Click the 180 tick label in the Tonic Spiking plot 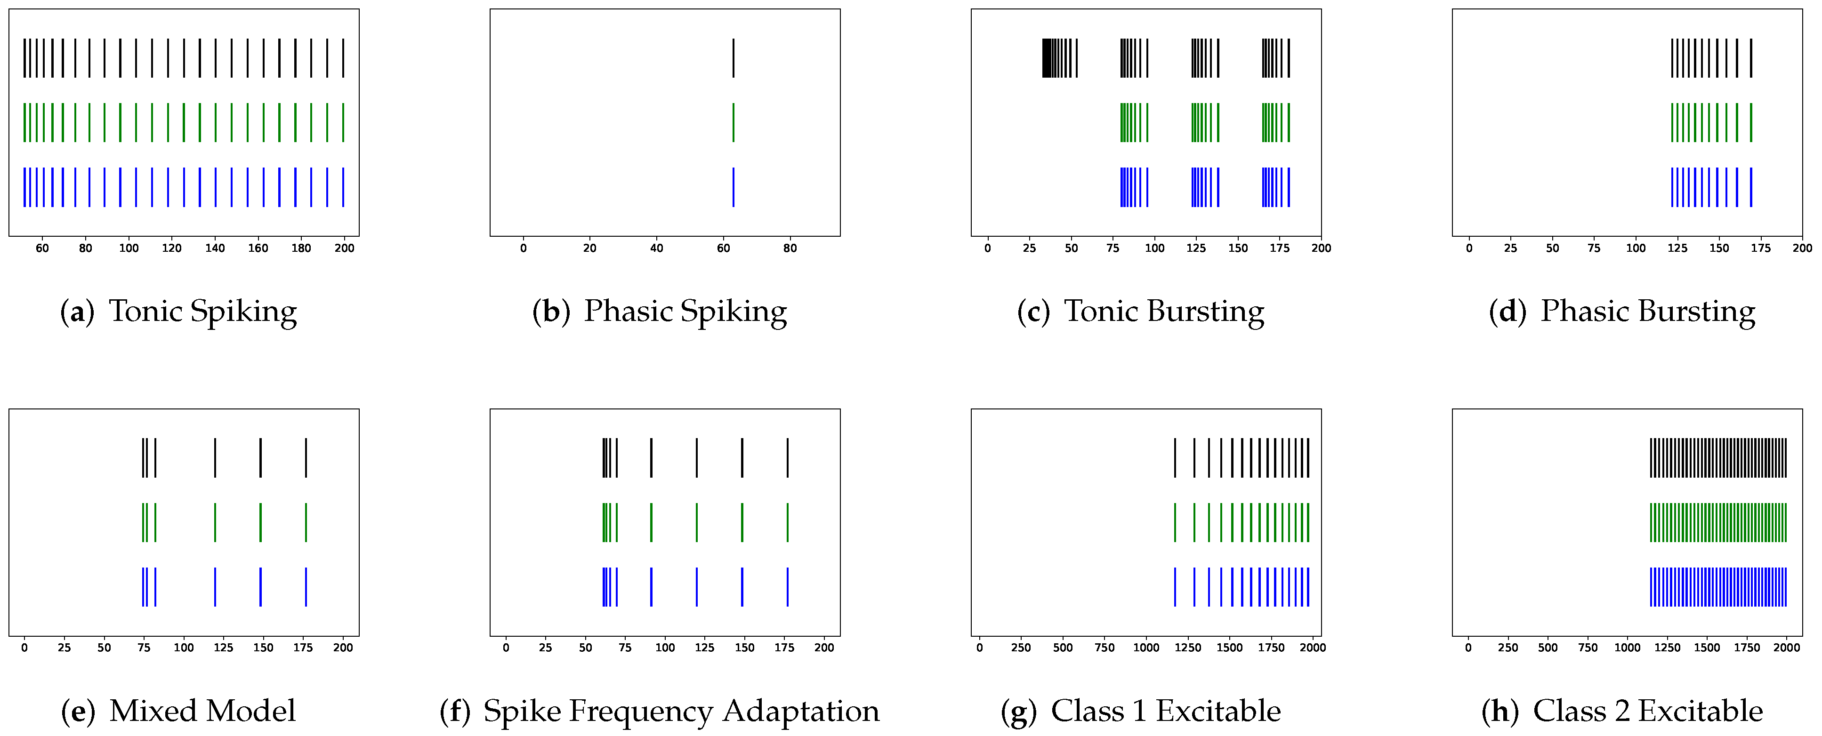tap(301, 248)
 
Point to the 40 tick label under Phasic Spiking tap(656, 248)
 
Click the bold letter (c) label tap(1033, 312)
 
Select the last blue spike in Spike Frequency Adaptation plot tap(787, 587)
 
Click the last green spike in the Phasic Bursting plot tap(1751, 122)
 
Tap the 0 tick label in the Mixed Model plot tap(25, 648)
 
